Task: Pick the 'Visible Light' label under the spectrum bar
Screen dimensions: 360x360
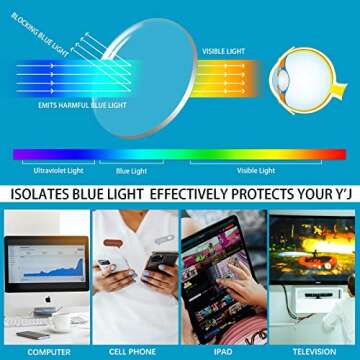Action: [257, 170]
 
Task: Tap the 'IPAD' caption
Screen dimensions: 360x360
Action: [223, 352]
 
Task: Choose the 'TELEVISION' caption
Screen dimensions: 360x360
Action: [312, 352]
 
